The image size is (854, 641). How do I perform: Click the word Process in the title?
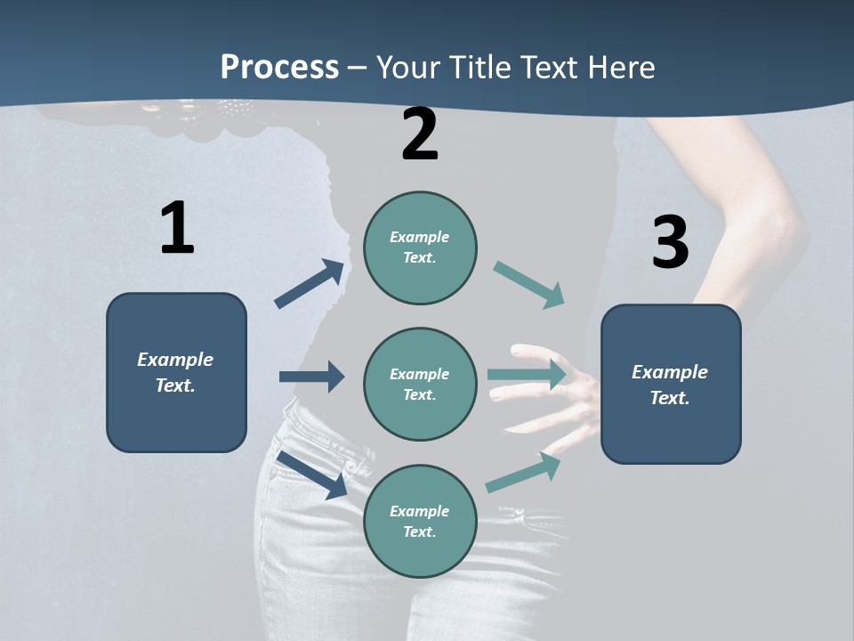279,68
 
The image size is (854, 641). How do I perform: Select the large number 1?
177,229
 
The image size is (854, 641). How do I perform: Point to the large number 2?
420,134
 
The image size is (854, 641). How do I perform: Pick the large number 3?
670,242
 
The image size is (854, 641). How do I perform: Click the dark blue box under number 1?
176,372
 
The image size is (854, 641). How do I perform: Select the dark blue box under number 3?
671,385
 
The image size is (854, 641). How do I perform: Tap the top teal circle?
420,247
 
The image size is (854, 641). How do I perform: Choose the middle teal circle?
420,385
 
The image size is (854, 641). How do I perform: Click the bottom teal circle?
420,522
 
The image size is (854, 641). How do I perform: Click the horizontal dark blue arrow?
311,377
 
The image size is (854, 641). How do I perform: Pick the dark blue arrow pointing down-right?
312,475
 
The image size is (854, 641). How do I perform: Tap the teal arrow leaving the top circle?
528,285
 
